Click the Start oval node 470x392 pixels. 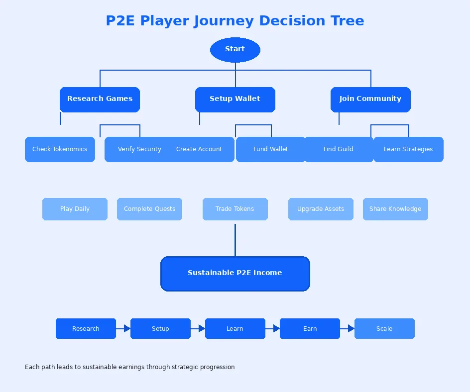pyautogui.click(x=235, y=50)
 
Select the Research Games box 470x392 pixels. pyautogui.click(x=100, y=99)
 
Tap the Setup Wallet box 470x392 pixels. pyautogui.click(x=235, y=99)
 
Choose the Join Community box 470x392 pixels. pyautogui.click(x=370, y=99)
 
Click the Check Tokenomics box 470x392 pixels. pyautogui.click(x=60, y=149)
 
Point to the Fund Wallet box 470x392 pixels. pyautogui.click(x=271, y=149)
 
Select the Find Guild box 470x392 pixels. pyautogui.click(x=339, y=149)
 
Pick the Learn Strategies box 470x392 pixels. pyautogui.click(x=408, y=149)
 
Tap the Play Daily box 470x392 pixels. pyautogui.click(x=75, y=209)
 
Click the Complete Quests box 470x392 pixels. pyautogui.click(x=149, y=209)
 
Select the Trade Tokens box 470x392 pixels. pyautogui.click(x=235, y=209)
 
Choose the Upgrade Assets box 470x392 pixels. pyautogui.click(x=321, y=209)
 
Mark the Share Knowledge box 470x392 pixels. pyautogui.click(x=395, y=209)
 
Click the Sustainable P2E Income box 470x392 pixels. pyautogui.click(x=235, y=273)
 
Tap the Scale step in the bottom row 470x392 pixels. pyautogui.click(x=384, y=329)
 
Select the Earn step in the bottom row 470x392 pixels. pyautogui.click(x=310, y=329)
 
